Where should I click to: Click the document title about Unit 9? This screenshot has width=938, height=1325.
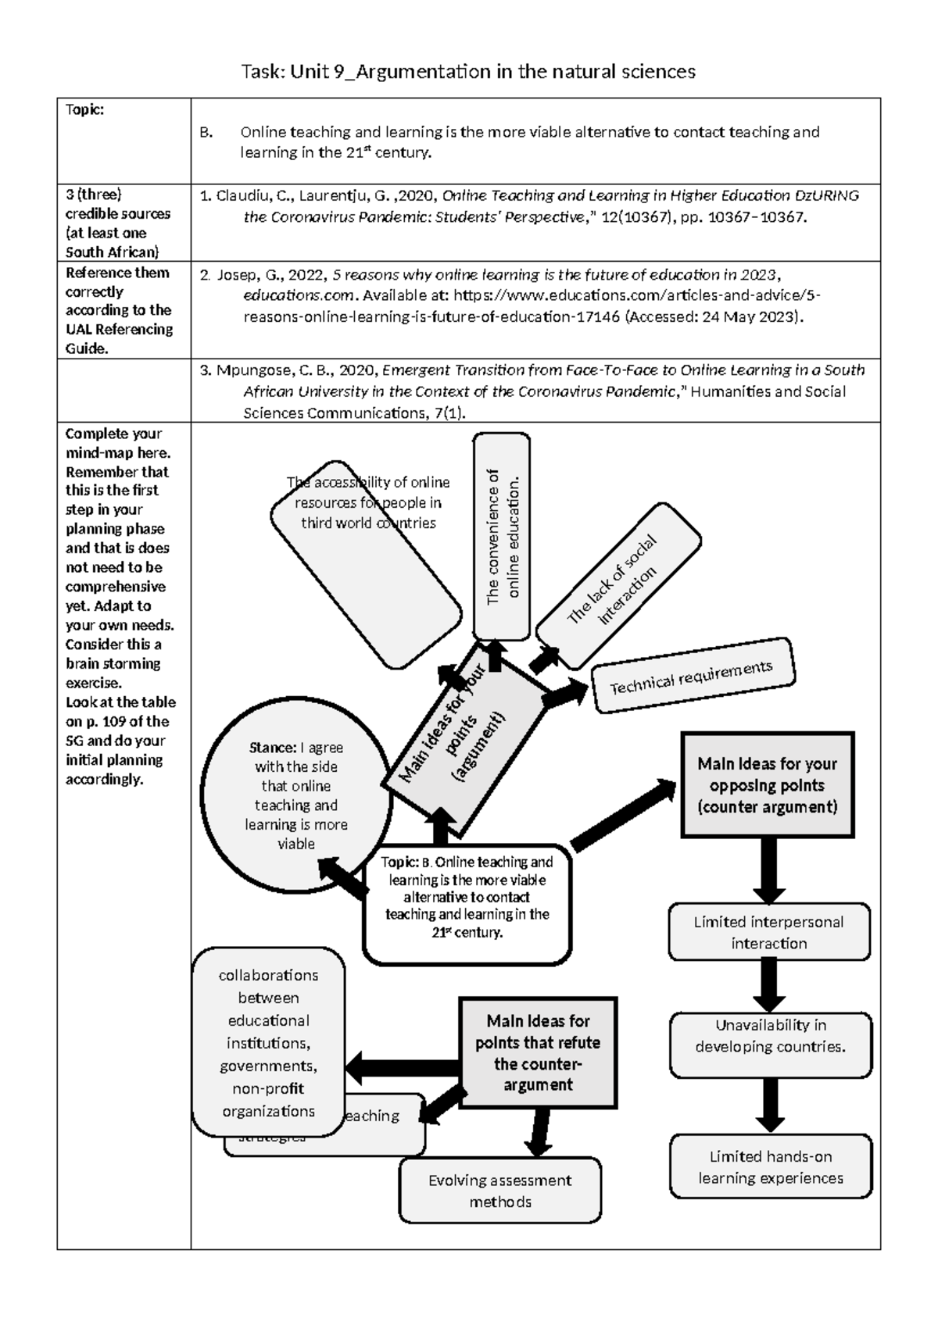point(468,73)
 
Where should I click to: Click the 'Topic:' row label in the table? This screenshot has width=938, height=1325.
point(85,110)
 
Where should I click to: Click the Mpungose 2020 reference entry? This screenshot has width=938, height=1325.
point(532,391)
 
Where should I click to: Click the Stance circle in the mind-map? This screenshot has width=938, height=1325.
point(295,795)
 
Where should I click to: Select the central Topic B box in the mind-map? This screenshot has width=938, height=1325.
point(467,905)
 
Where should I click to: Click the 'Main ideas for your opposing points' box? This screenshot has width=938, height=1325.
point(767,785)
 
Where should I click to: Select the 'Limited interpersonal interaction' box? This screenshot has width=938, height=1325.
point(768,932)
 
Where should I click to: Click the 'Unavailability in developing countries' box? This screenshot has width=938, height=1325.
point(770,1036)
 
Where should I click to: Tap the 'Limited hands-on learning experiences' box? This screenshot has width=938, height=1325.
point(770,1166)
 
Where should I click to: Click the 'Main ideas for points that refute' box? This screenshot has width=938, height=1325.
point(538,1052)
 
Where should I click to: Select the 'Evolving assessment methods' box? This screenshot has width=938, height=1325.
point(500,1191)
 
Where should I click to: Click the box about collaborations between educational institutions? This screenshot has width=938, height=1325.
point(268,1042)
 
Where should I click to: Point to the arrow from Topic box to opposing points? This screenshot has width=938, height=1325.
point(623,816)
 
